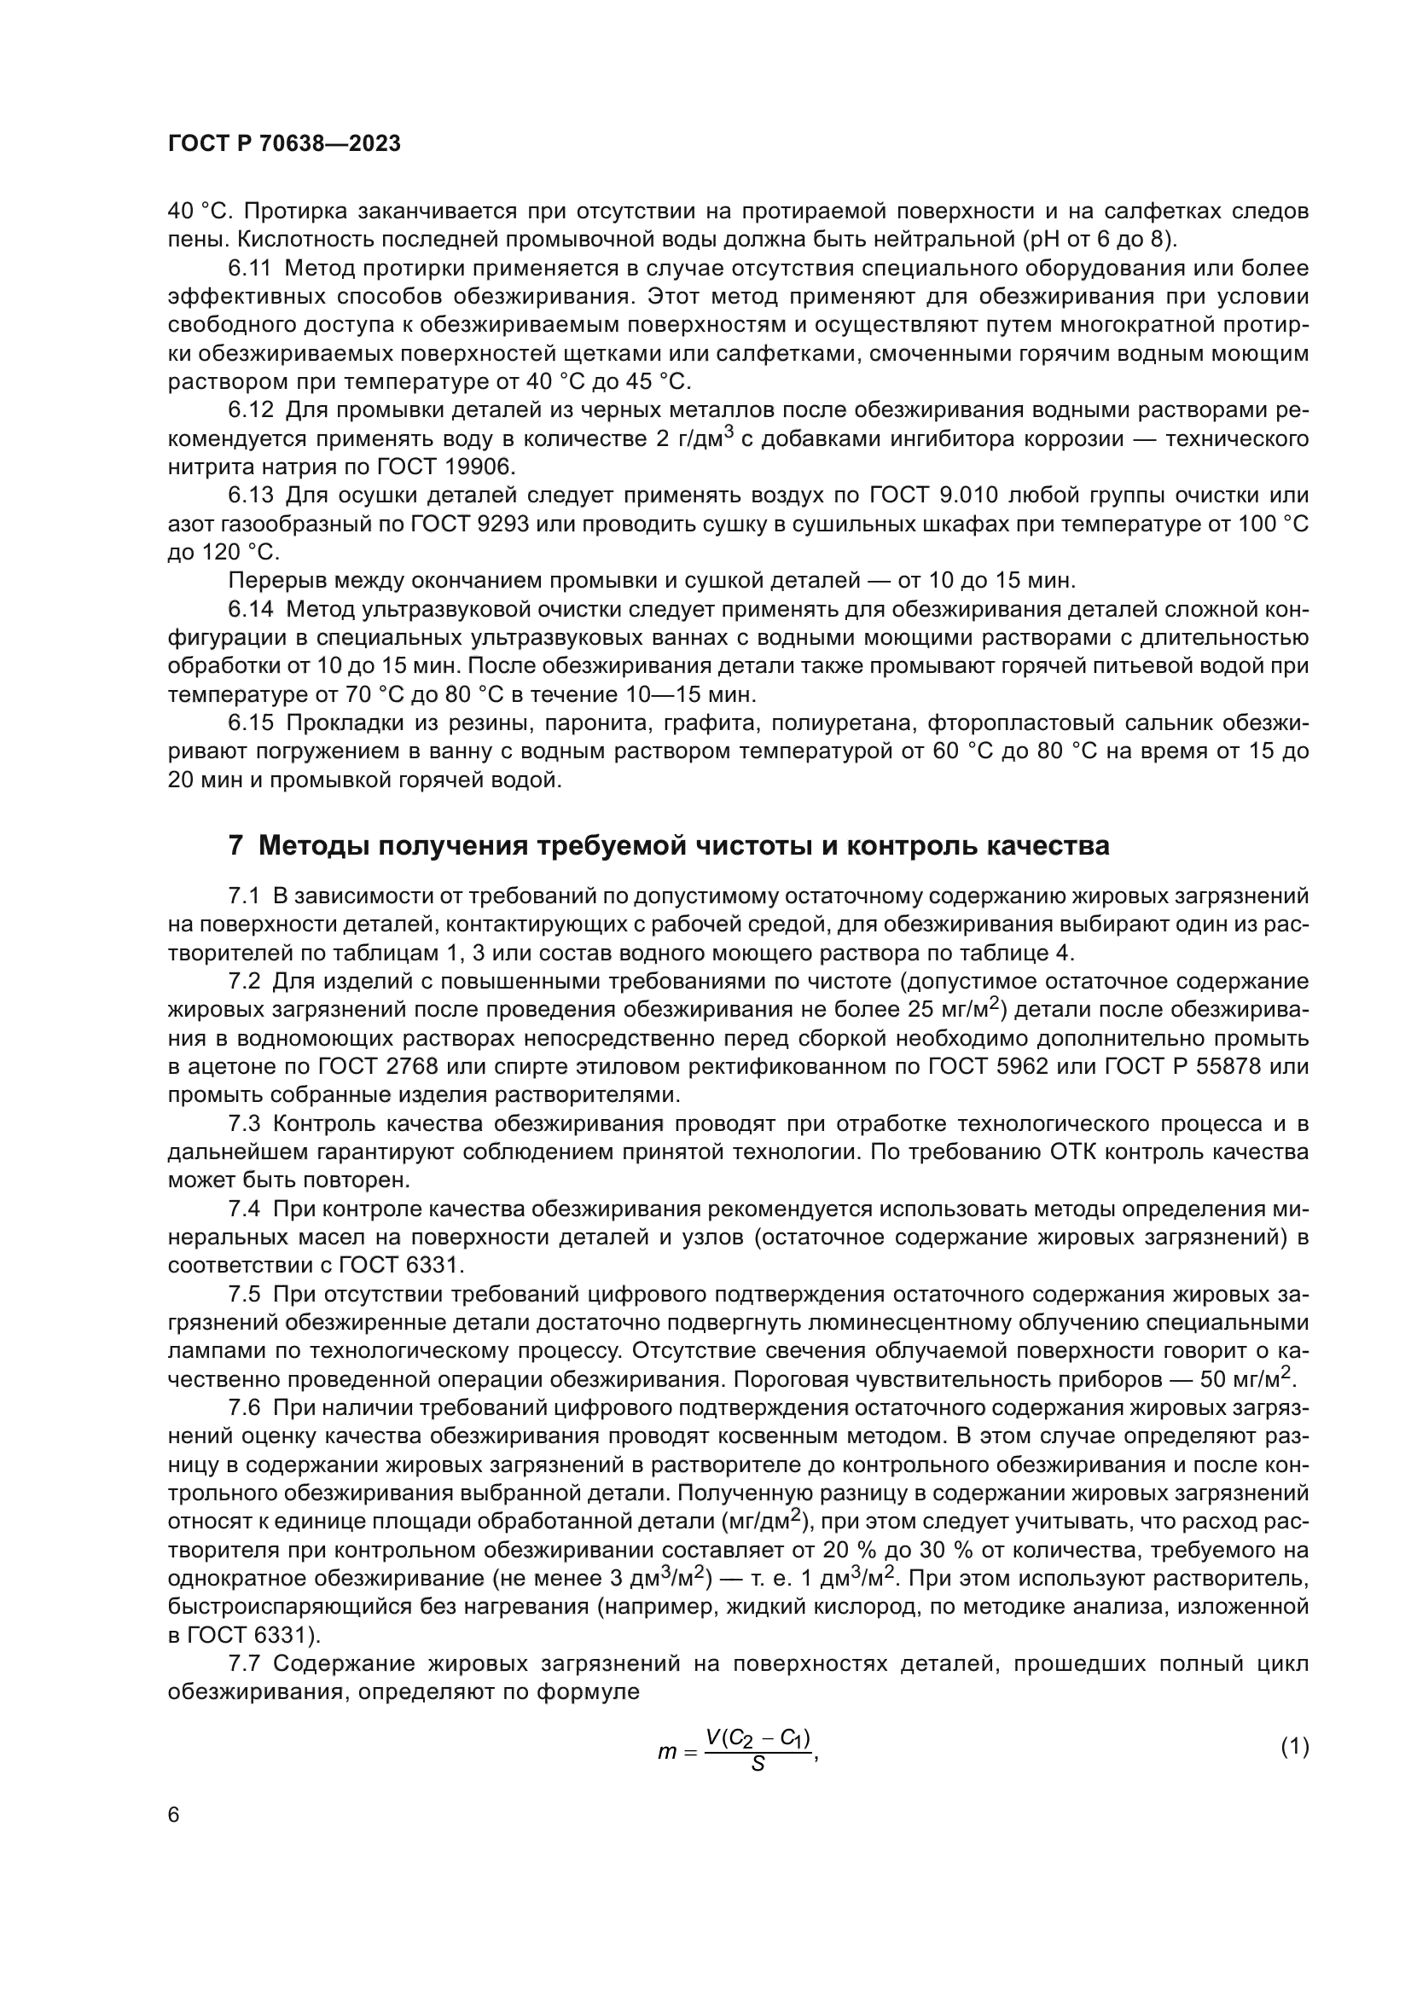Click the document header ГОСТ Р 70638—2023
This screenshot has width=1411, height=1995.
pos(284,144)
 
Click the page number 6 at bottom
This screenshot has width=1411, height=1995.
pos(174,1815)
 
